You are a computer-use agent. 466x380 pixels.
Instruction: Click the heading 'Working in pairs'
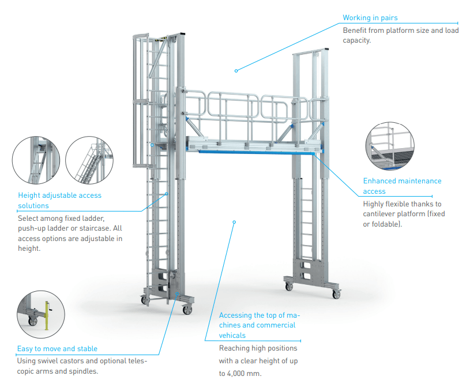tap(370, 18)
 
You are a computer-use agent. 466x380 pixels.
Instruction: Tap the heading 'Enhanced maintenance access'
tap(402, 186)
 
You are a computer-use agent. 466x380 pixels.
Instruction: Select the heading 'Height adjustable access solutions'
tap(59, 200)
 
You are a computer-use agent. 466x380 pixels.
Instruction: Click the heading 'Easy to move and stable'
tap(57, 348)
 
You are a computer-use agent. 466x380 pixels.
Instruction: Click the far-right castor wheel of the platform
tap(336, 295)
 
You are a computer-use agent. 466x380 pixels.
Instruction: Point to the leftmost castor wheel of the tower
tap(144, 299)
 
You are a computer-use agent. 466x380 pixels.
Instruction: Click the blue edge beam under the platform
tap(254, 152)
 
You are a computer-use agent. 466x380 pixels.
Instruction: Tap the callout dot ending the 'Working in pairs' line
tap(236, 71)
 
